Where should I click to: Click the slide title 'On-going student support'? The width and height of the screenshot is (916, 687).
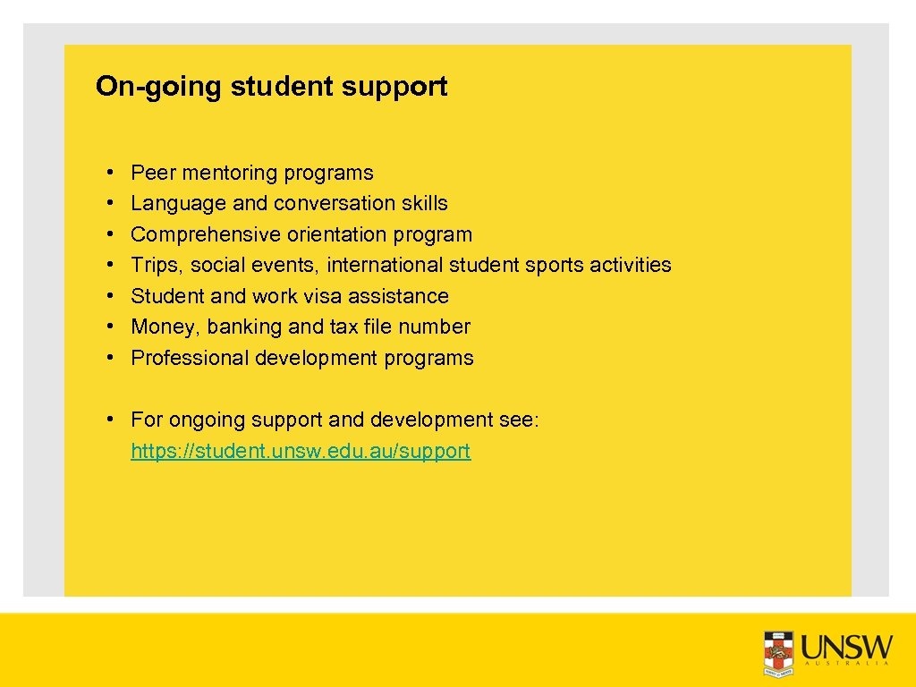pos(271,87)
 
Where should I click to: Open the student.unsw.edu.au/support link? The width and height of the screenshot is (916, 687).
pos(301,451)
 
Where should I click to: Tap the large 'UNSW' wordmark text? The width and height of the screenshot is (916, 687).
pos(847,646)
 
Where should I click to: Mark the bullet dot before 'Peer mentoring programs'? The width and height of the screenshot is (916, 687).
pos(107,173)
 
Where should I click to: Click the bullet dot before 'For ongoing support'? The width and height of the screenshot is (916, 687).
pos(107,420)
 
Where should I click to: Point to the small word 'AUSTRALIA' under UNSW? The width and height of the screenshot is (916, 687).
pos(845,665)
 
